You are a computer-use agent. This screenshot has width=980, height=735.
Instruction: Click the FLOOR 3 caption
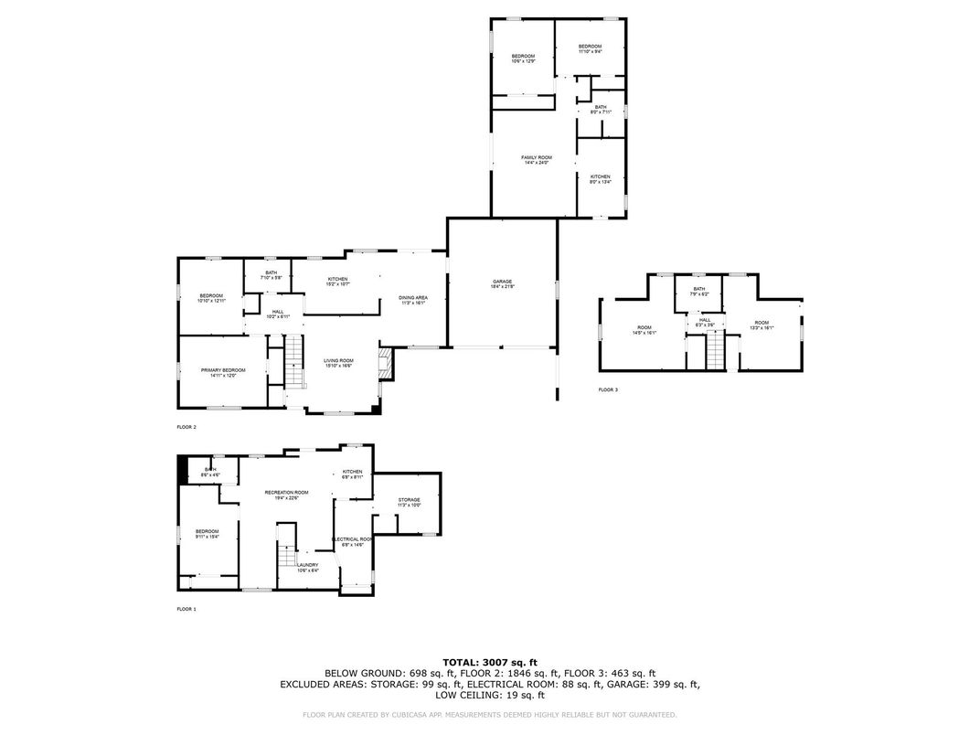(x=608, y=390)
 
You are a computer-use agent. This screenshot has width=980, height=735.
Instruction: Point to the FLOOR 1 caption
(x=186, y=609)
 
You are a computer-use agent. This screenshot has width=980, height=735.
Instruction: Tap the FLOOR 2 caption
(x=186, y=427)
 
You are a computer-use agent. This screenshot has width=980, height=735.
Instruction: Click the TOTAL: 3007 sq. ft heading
(x=489, y=661)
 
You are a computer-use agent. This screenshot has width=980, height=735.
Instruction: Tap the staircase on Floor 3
(x=714, y=351)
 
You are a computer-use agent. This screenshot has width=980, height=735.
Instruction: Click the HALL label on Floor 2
(x=277, y=314)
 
